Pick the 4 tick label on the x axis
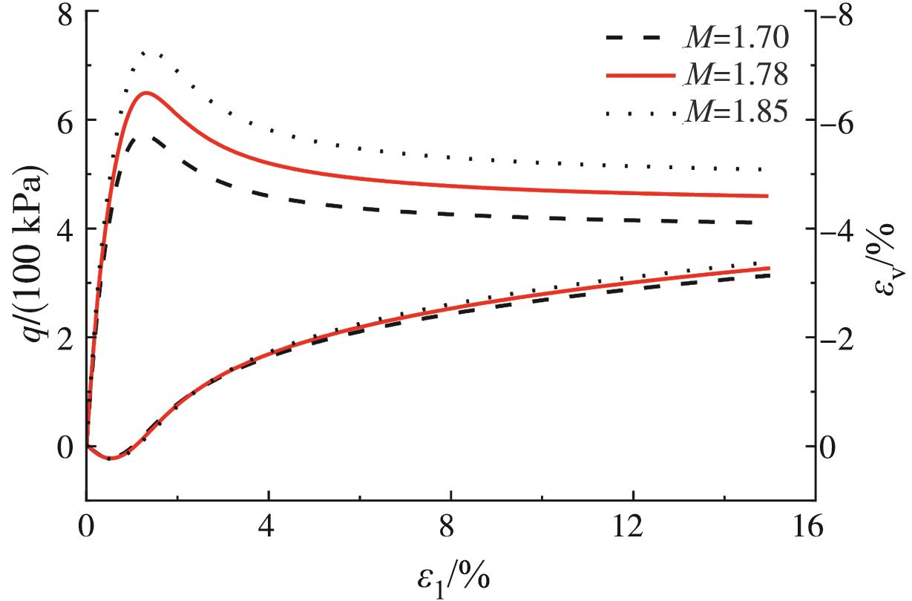[269, 528]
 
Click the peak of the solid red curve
[145, 93]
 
